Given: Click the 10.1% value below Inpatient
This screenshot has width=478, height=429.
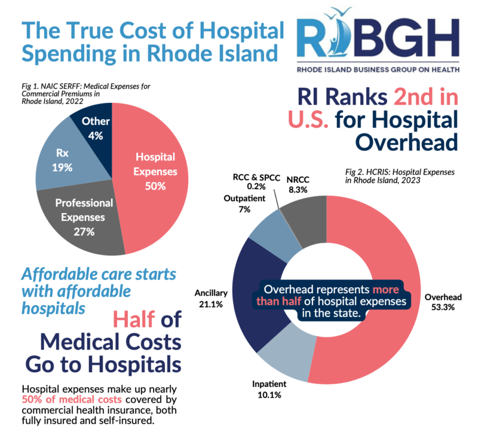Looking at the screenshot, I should click(267, 395).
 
